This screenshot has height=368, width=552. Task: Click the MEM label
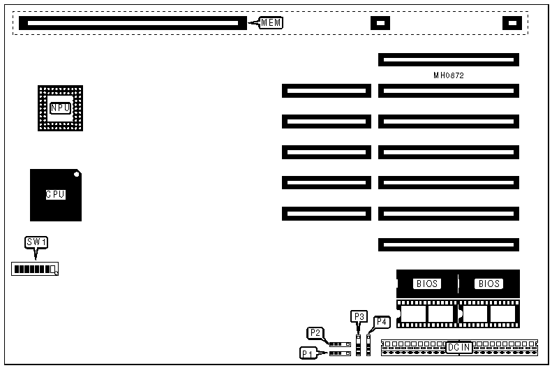point(271,23)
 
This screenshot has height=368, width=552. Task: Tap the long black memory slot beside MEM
point(133,23)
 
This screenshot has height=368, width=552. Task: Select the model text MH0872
point(448,75)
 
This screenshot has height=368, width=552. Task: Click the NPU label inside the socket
point(61,108)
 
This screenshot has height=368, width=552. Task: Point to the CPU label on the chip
point(56,195)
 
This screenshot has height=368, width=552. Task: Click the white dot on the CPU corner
point(77,174)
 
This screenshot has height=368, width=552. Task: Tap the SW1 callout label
point(36,242)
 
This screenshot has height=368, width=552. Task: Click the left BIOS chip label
point(427,284)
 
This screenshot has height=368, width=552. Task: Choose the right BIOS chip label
point(488,284)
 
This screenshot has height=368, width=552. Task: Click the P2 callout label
point(315,332)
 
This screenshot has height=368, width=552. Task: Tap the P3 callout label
point(359,316)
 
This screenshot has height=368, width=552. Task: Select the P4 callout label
point(382,322)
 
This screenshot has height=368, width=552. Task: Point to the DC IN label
point(459,346)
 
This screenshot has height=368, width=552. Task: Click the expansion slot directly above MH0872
point(449,60)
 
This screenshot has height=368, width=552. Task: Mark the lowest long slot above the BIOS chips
point(449,244)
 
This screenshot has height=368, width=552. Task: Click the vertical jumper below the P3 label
point(359,344)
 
